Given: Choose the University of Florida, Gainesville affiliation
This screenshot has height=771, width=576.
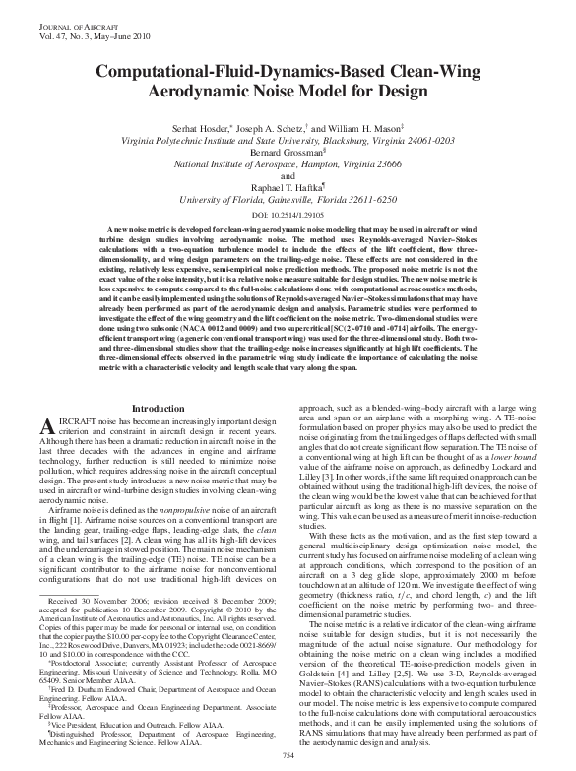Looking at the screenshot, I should point(288,198).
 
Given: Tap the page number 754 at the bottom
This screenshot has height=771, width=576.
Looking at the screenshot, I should point(288,755).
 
